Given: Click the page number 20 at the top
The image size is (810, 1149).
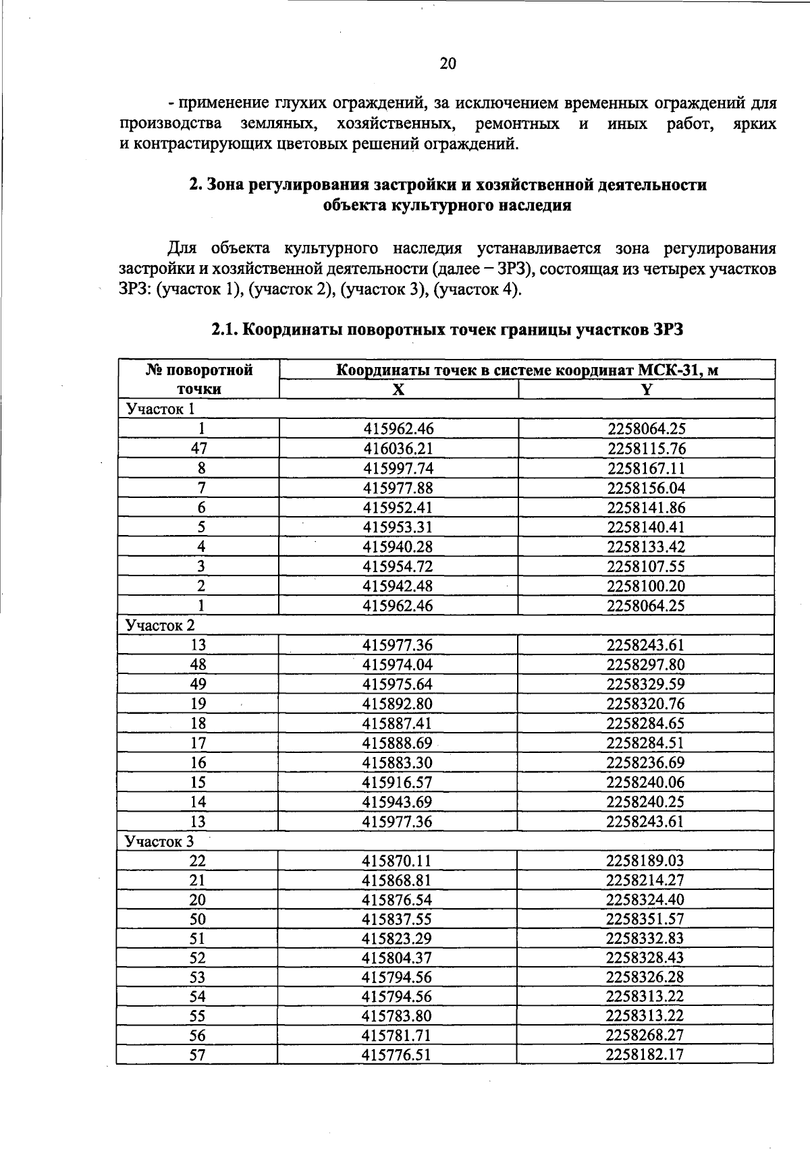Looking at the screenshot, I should (x=448, y=63).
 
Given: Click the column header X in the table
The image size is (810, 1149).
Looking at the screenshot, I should (x=398, y=389).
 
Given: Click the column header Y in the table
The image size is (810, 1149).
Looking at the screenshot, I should (x=646, y=389).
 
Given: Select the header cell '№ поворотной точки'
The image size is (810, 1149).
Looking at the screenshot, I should (x=198, y=379).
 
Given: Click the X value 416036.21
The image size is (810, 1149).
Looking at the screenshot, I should (x=398, y=449).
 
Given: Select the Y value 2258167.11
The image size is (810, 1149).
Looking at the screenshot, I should (x=646, y=468).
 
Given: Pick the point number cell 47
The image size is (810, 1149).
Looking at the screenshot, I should (x=199, y=449).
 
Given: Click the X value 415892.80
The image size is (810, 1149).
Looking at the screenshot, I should (x=398, y=704).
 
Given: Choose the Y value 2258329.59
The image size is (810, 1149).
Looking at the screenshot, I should (x=646, y=684).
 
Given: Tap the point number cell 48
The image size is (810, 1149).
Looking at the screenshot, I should (x=198, y=665).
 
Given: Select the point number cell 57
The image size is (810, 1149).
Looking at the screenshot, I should (x=197, y=1055).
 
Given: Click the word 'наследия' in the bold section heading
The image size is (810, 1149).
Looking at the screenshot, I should (x=535, y=206).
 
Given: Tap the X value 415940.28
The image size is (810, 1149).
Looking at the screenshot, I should (x=398, y=547).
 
